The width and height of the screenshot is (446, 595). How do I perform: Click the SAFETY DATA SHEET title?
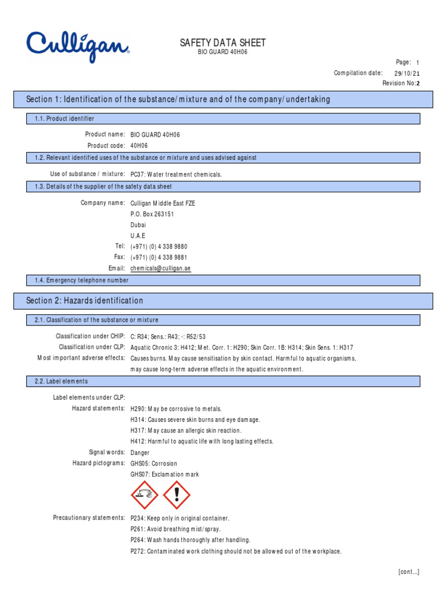point(223,42)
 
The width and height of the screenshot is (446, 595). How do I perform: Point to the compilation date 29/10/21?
point(407,73)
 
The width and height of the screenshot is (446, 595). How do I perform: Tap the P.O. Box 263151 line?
point(152,214)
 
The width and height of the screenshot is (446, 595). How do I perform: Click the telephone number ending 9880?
point(159,246)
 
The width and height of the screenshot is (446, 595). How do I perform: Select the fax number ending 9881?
point(159,257)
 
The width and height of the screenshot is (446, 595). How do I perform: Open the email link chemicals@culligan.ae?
point(161,268)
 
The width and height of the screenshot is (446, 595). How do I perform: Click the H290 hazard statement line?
point(177,408)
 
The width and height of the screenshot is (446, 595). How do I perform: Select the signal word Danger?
point(140,452)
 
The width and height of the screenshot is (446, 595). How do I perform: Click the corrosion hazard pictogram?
point(145,494)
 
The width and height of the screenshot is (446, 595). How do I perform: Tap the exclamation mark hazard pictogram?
point(177,494)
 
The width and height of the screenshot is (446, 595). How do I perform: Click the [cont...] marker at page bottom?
point(409,572)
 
